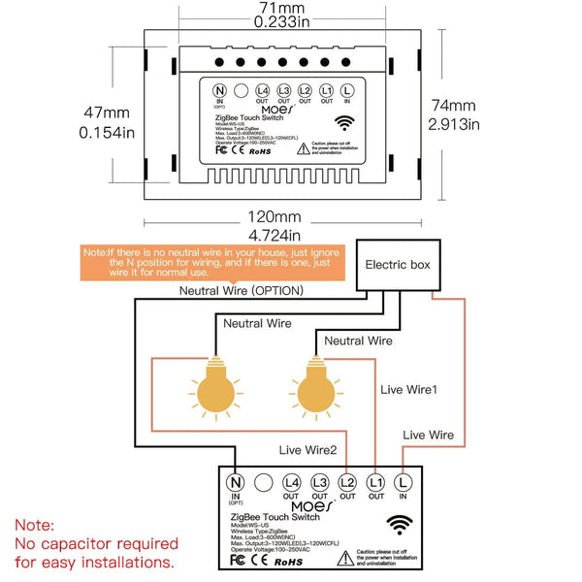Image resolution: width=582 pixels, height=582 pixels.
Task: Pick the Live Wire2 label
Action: pyautogui.click(x=309, y=450)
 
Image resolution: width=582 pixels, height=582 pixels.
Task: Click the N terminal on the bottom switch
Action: pyautogui.click(x=234, y=481)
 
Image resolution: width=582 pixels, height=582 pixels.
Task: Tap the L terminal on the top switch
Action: pyautogui.click(x=347, y=90)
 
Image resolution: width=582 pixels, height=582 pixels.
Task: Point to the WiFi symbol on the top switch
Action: pyautogui.click(x=344, y=123)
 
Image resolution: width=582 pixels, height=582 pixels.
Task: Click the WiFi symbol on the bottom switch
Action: pyautogui.click(x=398, y=526)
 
